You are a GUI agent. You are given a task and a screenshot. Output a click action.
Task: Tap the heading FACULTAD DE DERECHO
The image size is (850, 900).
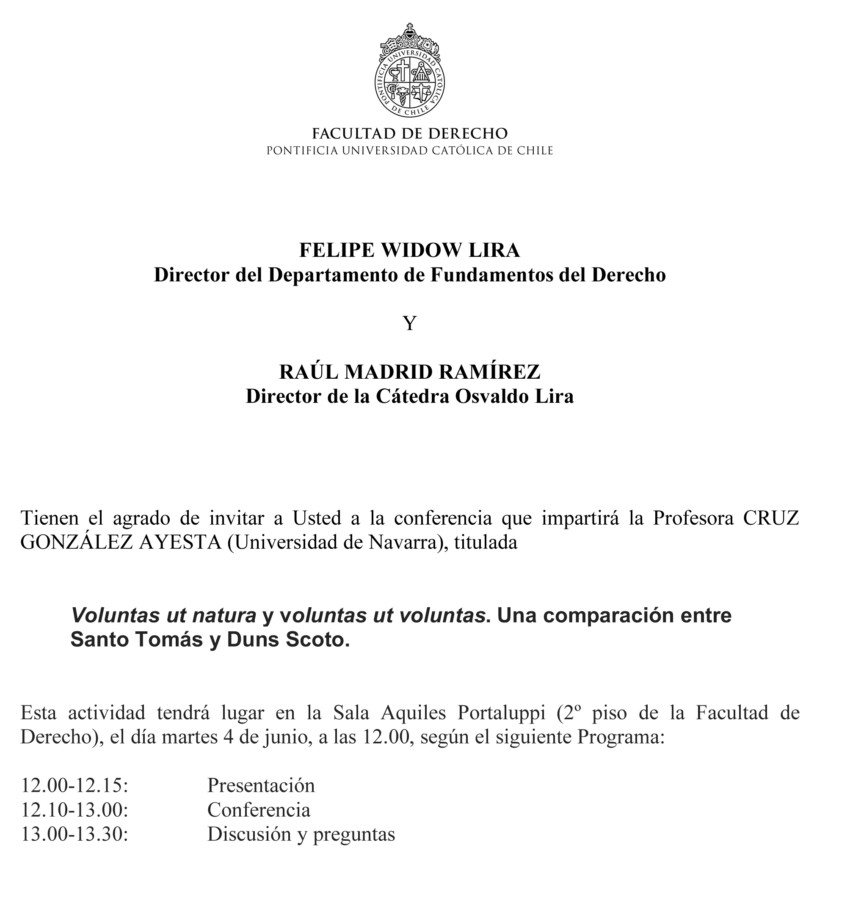[410, 134]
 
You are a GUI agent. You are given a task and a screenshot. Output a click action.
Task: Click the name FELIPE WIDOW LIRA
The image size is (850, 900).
[410, 250]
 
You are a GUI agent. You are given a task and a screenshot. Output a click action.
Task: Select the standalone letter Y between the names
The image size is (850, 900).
[410, 323]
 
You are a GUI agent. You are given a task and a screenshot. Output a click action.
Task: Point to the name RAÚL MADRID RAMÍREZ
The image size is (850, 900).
[410, 372]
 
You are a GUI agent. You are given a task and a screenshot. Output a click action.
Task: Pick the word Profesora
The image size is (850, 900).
[693, 518]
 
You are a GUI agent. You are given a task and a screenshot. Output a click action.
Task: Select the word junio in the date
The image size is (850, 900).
[283, 737]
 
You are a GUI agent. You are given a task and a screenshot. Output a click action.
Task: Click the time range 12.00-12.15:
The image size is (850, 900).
[75, 785]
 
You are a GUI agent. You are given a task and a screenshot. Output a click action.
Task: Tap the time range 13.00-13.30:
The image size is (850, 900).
[75, 834]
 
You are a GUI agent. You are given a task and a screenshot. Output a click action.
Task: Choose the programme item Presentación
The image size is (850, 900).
[261, 785]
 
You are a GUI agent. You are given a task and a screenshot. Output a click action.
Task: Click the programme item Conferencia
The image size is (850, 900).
[259, 809]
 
